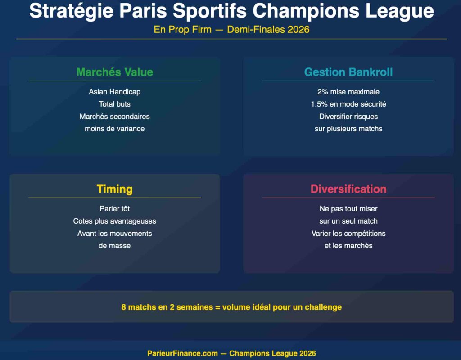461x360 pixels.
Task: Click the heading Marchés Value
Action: coord(114,72)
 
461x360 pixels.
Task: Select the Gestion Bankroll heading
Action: coord(348,72)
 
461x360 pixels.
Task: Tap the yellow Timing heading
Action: coord(114,189)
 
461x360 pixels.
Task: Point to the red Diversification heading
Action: coord(348,189)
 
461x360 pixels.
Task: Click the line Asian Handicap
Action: coord(114,92)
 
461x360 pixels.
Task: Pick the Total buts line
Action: coord(114,104)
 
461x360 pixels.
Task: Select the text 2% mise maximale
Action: coord(348,92)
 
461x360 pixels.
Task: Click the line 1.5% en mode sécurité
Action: coord(348,104)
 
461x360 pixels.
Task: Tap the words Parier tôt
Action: coord(114,209)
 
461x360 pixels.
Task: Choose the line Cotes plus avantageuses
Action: coord(114,221)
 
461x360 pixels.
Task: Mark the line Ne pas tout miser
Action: coord(348,209)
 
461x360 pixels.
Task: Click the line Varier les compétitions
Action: coord(348,234)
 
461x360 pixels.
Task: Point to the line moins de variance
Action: coord(114,129)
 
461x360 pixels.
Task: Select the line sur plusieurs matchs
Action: coord(348,129)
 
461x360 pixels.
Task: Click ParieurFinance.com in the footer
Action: coord(182,353)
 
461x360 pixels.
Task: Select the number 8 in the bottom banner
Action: coord(124,307)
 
